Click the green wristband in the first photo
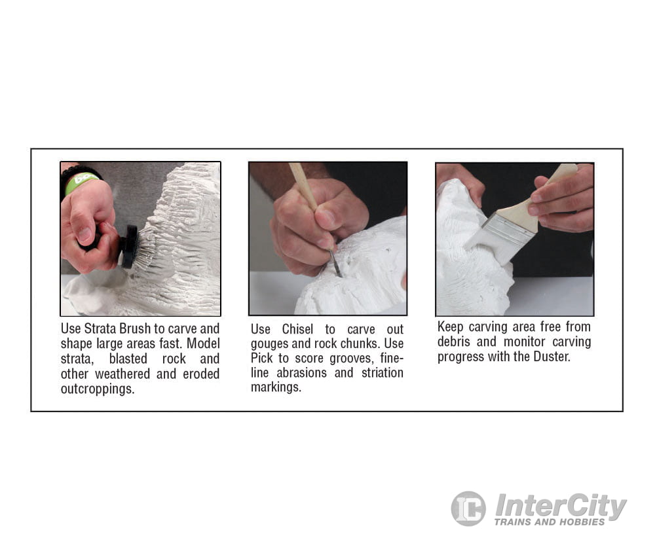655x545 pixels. (x=80, y=182)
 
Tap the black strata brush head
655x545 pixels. (x=129, y=247)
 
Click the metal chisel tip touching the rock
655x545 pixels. (x=335, y=263)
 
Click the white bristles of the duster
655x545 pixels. (x=489, y=247)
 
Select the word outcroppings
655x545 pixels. (x=98, y=389)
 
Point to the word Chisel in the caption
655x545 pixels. (x=297, y=329)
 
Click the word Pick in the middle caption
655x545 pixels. (x=261, y=358)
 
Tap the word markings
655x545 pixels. (x=276, y=387)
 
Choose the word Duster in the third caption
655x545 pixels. (x=552, y=357)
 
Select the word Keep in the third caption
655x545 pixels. (x=450, y=326)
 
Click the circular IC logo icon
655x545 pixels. (x=468, y=508)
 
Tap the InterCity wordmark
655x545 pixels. (x=560, y=506)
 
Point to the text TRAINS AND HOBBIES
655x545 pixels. (x=550, y=522)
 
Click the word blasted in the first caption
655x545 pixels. (x=128, y=359)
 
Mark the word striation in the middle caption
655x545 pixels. (x=383, y=373)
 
